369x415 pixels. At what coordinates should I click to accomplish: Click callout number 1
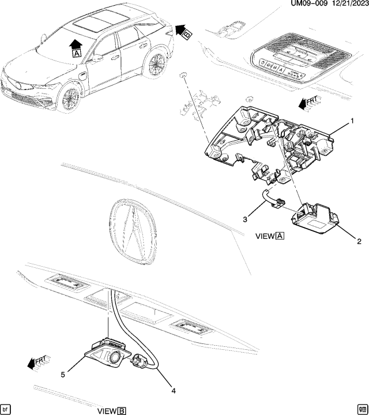pyautogui.click(x=350, y=122)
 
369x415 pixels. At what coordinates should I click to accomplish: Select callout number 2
pyautogui.click(x=359, y=241)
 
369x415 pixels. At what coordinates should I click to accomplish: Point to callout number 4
pyautogui.click(x=173, y=391)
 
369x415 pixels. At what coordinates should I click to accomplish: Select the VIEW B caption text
pyautogui.click(x=112, y=410)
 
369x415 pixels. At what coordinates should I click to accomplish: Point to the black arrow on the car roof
pyautogui.click(x=75, y=42)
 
